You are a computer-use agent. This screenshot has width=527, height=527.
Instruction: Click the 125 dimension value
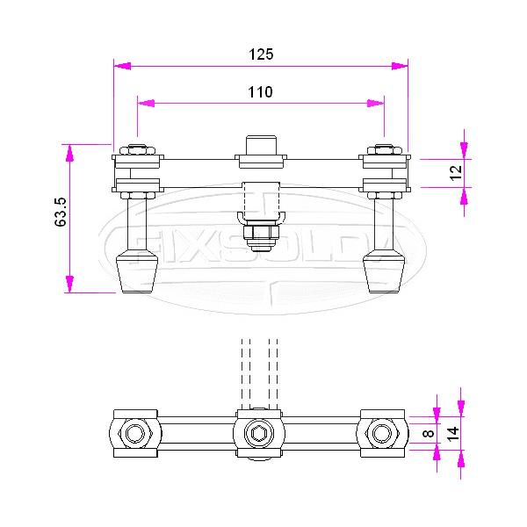click(x=261, y=54)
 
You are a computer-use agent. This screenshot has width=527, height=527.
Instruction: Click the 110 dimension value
click(x=261, y=91)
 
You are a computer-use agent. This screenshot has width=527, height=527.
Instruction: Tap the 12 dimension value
click(x=456, y=172)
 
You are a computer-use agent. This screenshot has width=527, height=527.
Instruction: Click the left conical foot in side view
click(x=136, y=271)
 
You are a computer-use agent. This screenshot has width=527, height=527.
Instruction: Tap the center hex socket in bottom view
click(x=260, y=431)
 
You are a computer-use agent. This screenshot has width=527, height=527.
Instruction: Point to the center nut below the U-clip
click(x=260, y=235)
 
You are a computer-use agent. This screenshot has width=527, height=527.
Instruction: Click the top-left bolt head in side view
click(x=137, y=148)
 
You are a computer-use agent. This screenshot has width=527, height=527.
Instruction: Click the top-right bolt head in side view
click(x=384, y=148)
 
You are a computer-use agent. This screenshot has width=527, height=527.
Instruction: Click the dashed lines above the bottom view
click(x=260, y=369)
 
